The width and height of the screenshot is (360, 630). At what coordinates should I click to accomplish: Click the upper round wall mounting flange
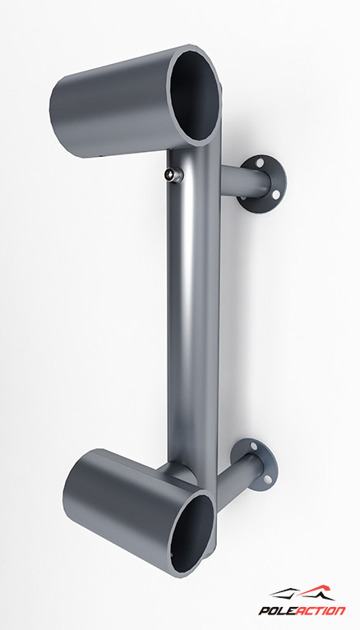coord(263,184)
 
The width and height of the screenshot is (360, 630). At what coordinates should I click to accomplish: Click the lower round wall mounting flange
coord(255,465)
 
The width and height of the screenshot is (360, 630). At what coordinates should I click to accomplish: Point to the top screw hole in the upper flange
coord(261,163)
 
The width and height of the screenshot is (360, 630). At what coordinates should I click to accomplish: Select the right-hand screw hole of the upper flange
coord(276,195)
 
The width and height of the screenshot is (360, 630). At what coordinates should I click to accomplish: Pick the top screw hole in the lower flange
coord(253,446)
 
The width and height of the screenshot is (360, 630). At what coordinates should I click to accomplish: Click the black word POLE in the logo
coord(275,611)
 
